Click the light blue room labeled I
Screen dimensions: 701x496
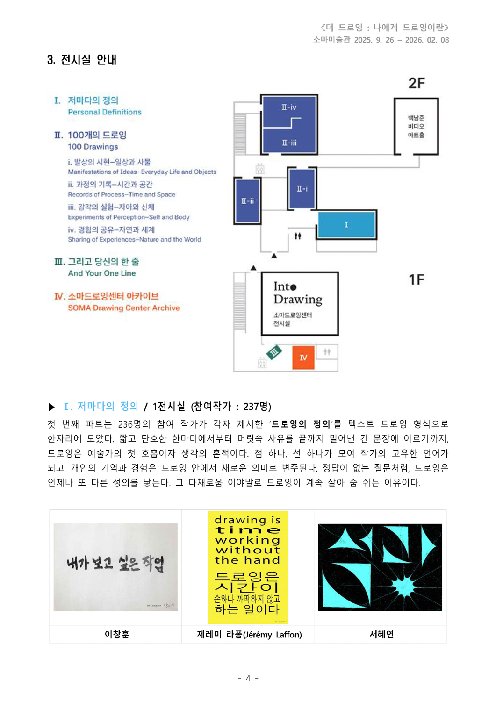346,225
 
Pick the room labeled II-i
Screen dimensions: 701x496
302,189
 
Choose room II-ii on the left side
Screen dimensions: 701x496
247,201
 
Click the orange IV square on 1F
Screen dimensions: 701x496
303,358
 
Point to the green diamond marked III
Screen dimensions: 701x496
274,351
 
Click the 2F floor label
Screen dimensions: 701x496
417,83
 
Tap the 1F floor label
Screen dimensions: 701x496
417,279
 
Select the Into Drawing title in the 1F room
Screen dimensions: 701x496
298,293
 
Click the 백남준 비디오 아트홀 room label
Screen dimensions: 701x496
416,126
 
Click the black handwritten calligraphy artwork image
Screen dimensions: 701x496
115,567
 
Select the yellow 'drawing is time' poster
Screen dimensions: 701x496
248,567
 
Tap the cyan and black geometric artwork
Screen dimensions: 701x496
380,567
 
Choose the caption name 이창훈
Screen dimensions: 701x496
116,634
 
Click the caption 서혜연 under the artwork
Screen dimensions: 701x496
381,634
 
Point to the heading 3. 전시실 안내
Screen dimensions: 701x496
82,60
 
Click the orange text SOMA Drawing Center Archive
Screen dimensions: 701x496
124,308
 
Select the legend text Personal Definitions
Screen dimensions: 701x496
105,112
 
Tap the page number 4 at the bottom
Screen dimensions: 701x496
248,678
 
